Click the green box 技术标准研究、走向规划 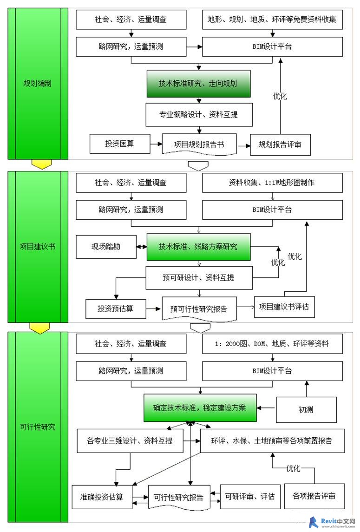(x=198, y=84)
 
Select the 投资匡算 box (x=120, y=144)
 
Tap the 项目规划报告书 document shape (x=199, y=144)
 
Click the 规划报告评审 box (x=280, y=144)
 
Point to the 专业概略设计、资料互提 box (x=199, y=115)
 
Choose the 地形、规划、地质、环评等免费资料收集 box (x=273, y=20)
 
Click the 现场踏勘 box (x=106, y=247)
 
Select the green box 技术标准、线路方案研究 (x=198, y=247)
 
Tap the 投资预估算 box (x=116, y=309)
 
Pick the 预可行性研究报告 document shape (x=199, y=309)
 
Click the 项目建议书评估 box (x=284, y=307)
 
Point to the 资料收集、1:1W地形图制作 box (x=273, y=183)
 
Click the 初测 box (x=307, y=410)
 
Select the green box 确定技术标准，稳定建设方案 (x=200, y=408)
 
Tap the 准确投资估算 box (x=102, y=497)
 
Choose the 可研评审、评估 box (x=250, y=497)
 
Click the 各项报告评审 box (x=314, y=496)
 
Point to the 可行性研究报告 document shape (x=179, y=498)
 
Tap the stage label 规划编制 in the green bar (x=37, y=84)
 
